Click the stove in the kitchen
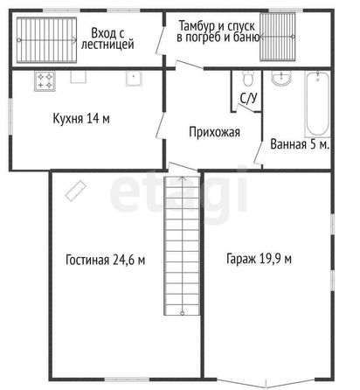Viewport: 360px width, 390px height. point(45,81)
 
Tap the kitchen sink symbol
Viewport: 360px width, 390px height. point(134,79)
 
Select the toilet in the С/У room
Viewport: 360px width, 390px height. point(248,78)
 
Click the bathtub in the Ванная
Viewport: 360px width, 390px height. point(317,104)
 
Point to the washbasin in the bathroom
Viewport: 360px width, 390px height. point(281,78)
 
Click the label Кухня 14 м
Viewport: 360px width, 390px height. point(81,119)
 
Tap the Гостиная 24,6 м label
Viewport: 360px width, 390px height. point(106,260)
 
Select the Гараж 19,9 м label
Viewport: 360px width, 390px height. point(259,259)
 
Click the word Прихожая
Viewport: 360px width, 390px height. point(215,132)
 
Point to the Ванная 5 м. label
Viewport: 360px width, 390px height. point(300,144)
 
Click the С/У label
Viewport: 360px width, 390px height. point(249,98)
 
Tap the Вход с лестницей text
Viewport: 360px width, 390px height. point(107,38)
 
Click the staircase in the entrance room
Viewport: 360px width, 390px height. point(46,40)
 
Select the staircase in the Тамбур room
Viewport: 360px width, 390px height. point(278,37)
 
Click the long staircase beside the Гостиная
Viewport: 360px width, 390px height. point(182,246)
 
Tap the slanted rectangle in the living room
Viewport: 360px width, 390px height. point(75,191)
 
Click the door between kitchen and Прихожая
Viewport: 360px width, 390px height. point(161,126)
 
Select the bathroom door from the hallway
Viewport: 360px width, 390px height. point(259,153)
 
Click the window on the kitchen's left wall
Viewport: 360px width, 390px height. point(10,116)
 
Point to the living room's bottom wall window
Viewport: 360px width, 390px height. point(127,380)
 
